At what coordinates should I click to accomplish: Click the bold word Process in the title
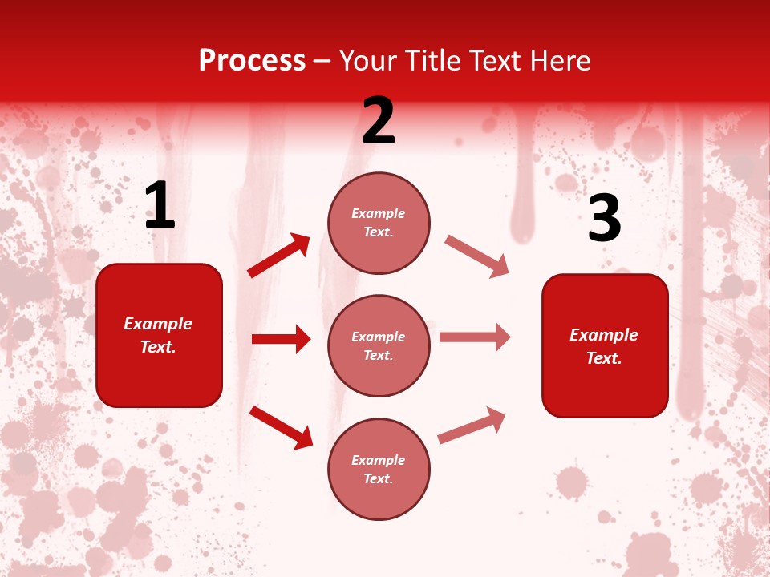(252, 61)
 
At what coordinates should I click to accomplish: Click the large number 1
(160, 206)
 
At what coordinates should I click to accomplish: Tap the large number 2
(379, 121)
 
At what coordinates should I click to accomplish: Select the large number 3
(604, 219)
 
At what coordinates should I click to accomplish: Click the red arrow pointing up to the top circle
(279, 256)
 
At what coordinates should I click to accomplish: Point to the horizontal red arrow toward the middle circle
(281, 339)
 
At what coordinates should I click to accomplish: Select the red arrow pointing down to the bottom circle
(281, 427)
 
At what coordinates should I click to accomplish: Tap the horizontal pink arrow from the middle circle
(475, 337)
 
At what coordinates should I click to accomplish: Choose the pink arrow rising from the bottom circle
(472, 426)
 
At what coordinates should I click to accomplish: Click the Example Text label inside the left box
(158, 335)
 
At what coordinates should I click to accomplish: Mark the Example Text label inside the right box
(604, 346)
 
